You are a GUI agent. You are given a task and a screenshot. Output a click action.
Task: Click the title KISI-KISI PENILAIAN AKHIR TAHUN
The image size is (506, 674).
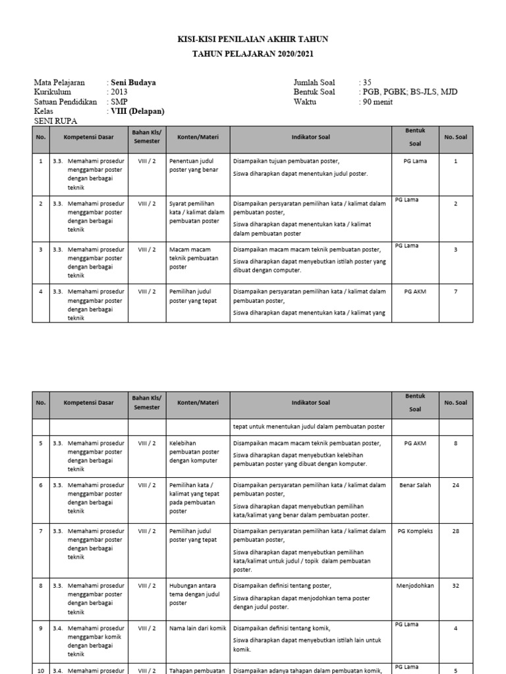click(x=253, y=40)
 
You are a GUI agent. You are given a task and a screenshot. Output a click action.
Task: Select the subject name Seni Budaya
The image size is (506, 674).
click(x=134, y=83)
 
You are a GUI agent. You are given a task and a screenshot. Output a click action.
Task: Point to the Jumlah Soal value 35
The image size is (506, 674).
click(x=367, y=83)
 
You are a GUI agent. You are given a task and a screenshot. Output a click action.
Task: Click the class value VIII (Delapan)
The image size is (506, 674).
click(x=138, y=112)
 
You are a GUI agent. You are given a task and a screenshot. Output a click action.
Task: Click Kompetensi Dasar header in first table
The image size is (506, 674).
click(x=89, y=137)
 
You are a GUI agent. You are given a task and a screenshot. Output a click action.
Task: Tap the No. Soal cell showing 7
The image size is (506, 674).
click(x=455, y=291)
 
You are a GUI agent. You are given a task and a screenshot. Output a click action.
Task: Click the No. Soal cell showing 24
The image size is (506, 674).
click(x=455, y=485)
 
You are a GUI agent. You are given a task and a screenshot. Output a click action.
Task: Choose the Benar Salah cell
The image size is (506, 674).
click(x=415, y=485)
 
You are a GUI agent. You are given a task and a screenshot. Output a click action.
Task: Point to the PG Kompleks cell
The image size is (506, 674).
click(x=415, y=531)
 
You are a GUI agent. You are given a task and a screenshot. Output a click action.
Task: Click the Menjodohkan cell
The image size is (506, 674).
click(x=415, y=585)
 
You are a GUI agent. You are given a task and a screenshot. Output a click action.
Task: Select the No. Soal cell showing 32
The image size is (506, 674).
click(x=455, y=585)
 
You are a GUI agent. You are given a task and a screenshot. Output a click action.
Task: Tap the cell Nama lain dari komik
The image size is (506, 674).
click(x=198, y=629)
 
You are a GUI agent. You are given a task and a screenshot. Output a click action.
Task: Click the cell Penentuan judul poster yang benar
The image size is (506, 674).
click(x=192, y=165)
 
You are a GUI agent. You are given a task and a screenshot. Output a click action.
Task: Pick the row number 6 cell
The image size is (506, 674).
click(x=41, y=485)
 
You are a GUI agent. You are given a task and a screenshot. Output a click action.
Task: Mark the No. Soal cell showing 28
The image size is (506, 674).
click(x=455, y=531)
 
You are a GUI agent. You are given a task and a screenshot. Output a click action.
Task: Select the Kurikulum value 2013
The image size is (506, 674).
click(x=119, y=92)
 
